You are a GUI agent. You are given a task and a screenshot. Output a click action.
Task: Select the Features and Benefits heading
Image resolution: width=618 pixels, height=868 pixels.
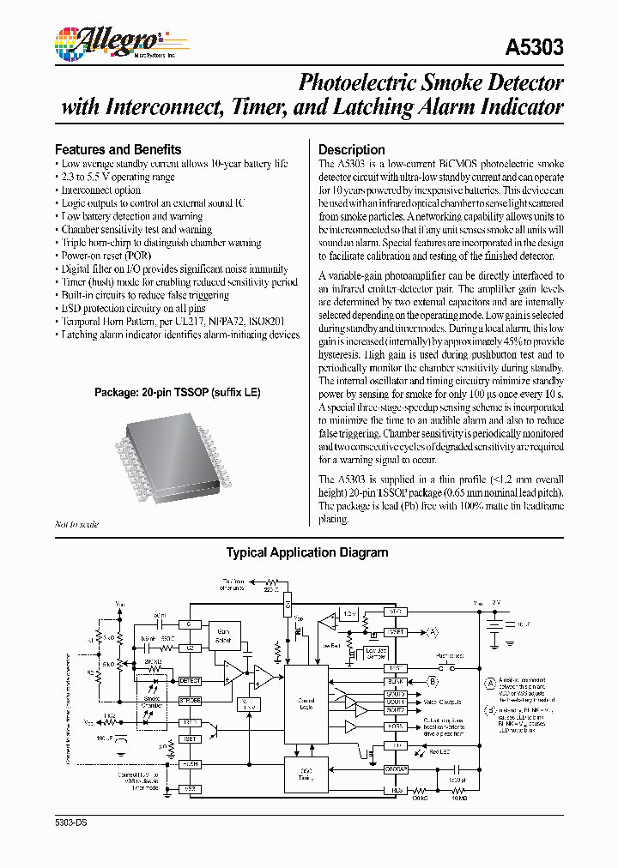pyautogui.click(x=118, y=148)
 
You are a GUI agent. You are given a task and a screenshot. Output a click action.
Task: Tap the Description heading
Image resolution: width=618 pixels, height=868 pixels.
pyautogui.click(x=351, y=148)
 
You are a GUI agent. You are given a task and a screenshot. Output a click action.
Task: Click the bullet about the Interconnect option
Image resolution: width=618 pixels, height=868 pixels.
pyautogui.click(x=100, y=190)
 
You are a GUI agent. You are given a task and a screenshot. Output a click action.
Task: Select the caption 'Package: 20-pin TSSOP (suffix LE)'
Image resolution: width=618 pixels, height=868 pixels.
pyautogui.click(x=177, y=392)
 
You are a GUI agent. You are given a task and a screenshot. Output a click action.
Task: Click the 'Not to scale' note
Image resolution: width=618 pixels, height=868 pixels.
pyautogui.click(x=76, y=524)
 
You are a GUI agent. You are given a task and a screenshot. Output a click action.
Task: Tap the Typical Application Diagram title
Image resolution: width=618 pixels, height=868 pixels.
pyautogui.click(x=306, y=553)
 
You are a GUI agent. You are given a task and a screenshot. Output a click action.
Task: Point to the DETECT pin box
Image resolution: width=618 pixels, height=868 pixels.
pyautogui.click(x=189, y=680)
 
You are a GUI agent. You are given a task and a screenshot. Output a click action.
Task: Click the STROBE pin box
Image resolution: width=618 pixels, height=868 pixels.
pyautogui.click(x=189, y=701)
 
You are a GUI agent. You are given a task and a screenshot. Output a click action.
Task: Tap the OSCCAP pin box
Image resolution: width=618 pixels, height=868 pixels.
pyautogui.click(x=396, y=769)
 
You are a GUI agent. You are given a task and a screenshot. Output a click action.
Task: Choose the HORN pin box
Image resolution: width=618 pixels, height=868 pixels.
pyautogui.click(x=396, y=726)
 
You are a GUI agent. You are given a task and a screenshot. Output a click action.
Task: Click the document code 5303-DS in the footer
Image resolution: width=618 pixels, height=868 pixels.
pyautogui.click(x=71, y=822)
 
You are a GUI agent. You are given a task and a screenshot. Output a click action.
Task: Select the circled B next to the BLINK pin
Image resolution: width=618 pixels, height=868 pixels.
pyautogui.click(x=433, y=681)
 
